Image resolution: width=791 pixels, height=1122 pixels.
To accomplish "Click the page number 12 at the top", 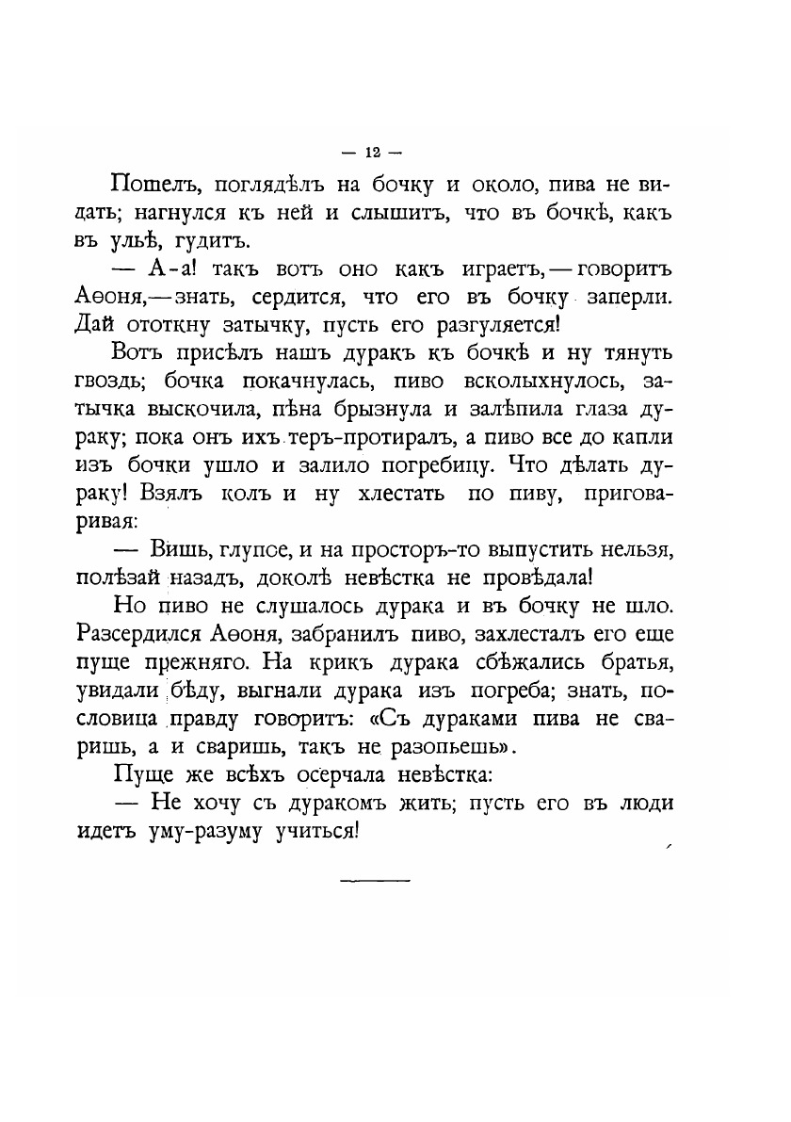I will click(373, 153).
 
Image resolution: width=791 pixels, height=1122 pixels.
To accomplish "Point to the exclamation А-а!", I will click(174, 271).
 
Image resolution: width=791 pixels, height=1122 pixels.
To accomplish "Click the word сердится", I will click(310, 299).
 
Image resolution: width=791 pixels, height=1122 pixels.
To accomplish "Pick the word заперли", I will click(630, 299).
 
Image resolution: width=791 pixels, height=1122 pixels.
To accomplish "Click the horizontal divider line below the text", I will click(374, 881).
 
